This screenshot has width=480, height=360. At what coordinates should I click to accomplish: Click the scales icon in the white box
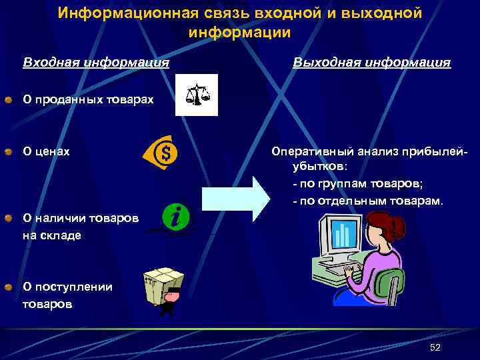pos(196,94)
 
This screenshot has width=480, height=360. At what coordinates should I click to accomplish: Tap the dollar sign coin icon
pos(162,153)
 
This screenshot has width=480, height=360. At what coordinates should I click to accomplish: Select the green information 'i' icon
pos(179,216)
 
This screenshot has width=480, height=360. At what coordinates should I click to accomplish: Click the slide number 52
pos(436,347)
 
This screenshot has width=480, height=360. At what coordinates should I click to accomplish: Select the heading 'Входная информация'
pos(96,63)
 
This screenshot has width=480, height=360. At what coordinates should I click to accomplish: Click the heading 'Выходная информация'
pos(372,63)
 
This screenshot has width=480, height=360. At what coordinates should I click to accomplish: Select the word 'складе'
pos(60,235)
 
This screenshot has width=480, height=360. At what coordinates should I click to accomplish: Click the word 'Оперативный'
pos(313,151)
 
